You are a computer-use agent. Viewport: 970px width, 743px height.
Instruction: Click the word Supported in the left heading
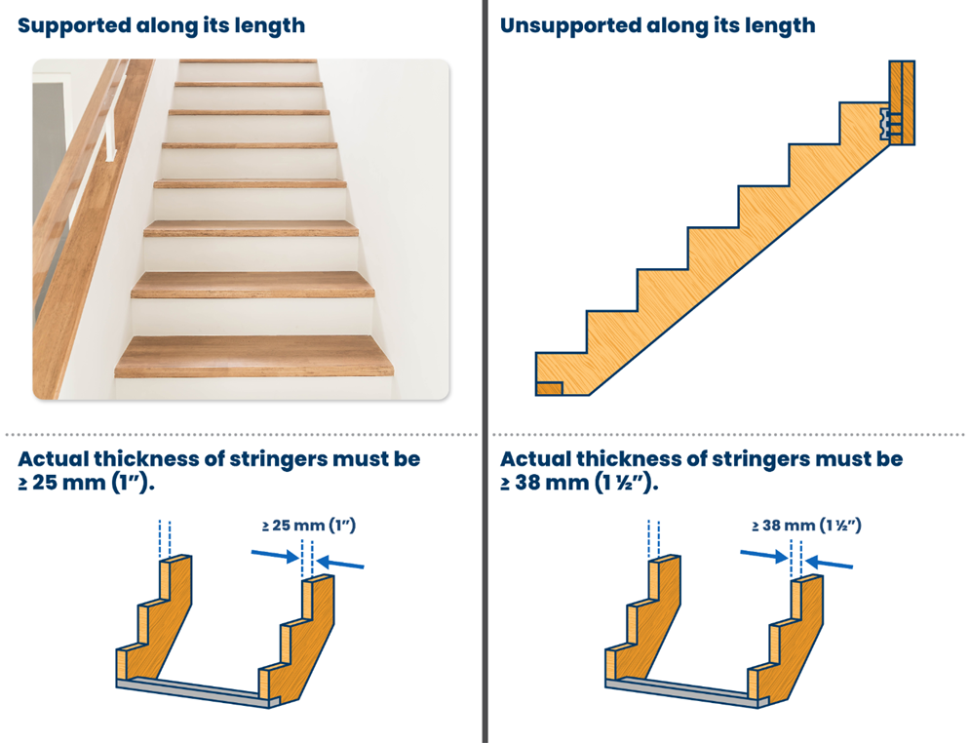point(74,26)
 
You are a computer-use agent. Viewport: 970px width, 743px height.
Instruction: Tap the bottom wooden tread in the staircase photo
point(253,356)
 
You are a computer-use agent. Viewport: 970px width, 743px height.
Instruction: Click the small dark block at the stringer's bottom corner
point(549,388)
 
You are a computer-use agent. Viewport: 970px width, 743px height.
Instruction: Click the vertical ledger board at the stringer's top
point(902,102)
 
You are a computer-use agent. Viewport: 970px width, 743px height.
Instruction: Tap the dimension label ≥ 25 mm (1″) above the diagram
point(309,526)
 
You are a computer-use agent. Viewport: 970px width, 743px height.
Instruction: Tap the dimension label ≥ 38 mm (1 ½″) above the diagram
point(806,526)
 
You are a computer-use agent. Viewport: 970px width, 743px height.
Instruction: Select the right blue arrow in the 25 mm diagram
point(339,563)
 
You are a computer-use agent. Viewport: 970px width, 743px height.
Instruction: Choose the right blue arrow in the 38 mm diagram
point(829,563)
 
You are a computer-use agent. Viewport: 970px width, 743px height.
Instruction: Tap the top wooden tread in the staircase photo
point(248,60)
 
